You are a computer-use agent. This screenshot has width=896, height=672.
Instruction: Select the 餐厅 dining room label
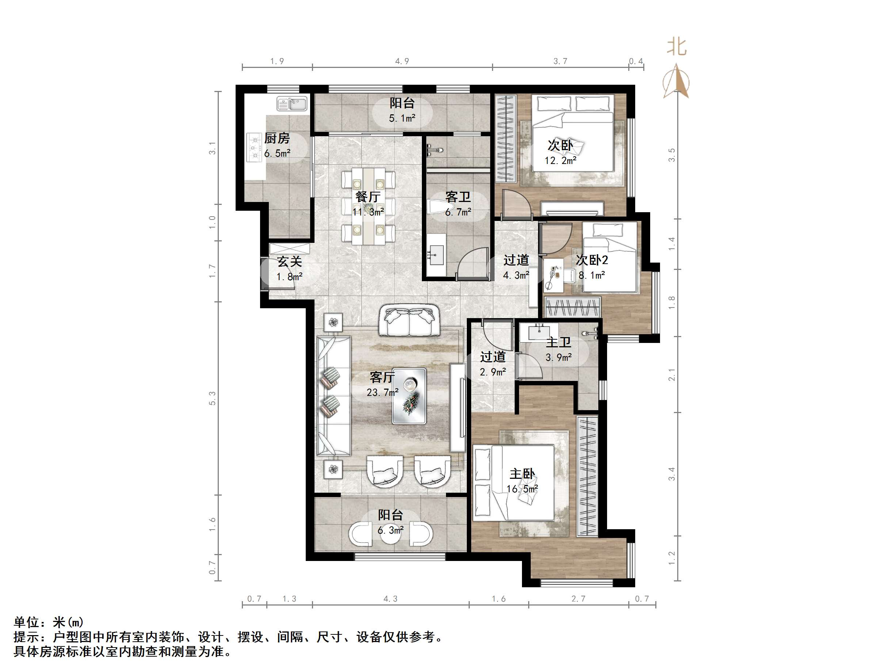pyautogui.click(x=368, y=197)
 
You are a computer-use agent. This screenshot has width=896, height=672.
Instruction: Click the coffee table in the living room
pyautogui.click(x=409, y=396)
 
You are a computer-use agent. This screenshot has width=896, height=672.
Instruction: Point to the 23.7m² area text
pyautogui.click(x=382, y=392)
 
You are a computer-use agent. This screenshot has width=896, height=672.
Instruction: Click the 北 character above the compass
pyautogui.click(x=676, y=47)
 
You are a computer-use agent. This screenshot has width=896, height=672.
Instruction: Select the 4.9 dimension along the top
pyautogui.click(x=402, y=61)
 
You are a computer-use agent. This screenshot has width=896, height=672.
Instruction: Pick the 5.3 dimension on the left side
pyautogui.click(x=212, y=398)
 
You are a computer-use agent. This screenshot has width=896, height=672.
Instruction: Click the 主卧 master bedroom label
pyautogui.click(x=522, y=474)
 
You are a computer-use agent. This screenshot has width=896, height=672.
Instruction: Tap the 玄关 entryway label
pyautogui.click(x=289, y=261)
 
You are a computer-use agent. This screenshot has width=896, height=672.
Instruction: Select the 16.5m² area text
pyautogui.click(x=522, y=489)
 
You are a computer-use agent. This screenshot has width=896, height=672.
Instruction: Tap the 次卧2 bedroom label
pyautogui.click(x=591, y=260)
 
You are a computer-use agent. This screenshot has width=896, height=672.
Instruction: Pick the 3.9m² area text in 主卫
pyautogui.click(x=558, y=357)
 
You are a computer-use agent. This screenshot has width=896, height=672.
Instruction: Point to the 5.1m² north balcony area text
pyautogui.click(x=402, y=118)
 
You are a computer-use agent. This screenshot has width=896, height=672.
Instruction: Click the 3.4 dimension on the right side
pyautogui.click(x=672, y=474)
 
